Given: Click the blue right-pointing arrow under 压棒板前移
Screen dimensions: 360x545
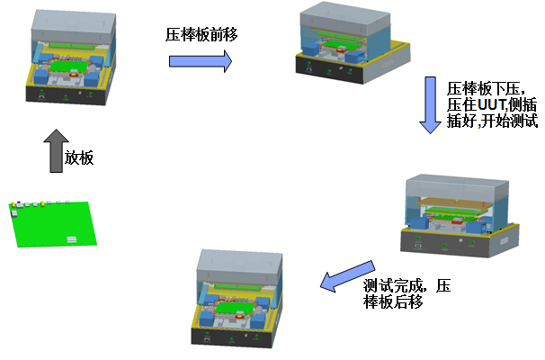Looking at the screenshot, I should coord(200,61).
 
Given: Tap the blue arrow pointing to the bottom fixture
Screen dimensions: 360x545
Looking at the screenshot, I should coord(346,277).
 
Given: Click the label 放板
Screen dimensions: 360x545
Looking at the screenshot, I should coord(79,157).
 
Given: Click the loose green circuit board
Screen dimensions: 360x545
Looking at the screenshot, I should coord(58,225).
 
